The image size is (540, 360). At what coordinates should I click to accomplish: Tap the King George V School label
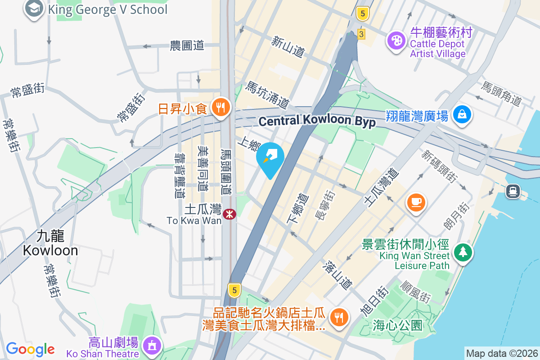pos(107,9)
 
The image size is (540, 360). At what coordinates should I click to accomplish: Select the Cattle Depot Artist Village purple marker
pos(396,41)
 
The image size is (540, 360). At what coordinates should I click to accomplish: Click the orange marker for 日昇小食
pos(220,108)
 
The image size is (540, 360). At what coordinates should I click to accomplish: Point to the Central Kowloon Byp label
pos(317,121)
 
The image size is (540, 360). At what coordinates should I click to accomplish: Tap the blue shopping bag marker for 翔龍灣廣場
pos(462,114)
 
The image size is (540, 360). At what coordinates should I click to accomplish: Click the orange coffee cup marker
pos(416,201)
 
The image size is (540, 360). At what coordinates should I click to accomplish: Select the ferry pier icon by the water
pos(513,191)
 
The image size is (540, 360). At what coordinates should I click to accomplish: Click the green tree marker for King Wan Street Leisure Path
pos(463,252)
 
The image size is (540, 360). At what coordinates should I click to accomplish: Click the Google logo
pos(30,349)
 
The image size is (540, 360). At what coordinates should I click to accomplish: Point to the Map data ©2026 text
pos(501,353)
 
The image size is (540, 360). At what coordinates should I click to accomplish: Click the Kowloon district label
pos(50,243)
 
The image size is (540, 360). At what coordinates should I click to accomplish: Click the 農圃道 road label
pos(187,45)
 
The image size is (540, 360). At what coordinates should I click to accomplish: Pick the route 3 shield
pos(361,34)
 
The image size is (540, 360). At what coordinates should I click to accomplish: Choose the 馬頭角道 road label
pos(501,94)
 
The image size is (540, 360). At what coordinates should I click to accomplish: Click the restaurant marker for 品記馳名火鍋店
pos(337,317)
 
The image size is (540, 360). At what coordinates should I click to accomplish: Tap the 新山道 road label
pos(288,46)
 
